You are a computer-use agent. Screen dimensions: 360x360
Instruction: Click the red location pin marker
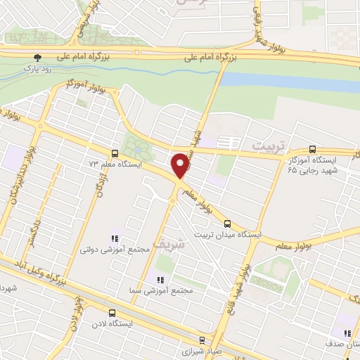(x=181, y=165)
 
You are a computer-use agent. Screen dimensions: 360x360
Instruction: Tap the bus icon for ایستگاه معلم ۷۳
(x=114, y=153)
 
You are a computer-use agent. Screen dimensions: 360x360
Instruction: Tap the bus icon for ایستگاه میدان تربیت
(x=246, y=224)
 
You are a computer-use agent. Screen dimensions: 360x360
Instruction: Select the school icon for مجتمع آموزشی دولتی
(x=112, y=239)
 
